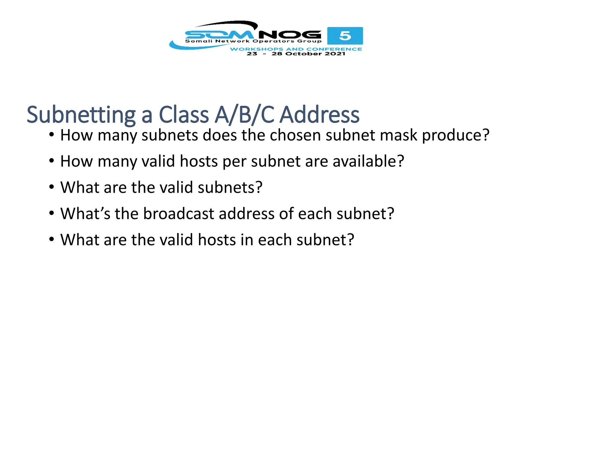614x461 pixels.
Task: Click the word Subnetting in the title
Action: (x=81, y=115)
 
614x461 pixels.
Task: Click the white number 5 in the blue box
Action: (x=345, y=36)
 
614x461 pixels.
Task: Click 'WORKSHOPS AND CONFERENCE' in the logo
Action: (x=296, y=49)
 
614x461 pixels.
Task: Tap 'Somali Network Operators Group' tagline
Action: (x=253, y=41)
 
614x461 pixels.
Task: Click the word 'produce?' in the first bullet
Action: (x=456, y=135)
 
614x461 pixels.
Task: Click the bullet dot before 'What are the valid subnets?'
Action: (x=52, y=187)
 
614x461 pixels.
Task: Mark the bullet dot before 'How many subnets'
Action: (x=52, y=135)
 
